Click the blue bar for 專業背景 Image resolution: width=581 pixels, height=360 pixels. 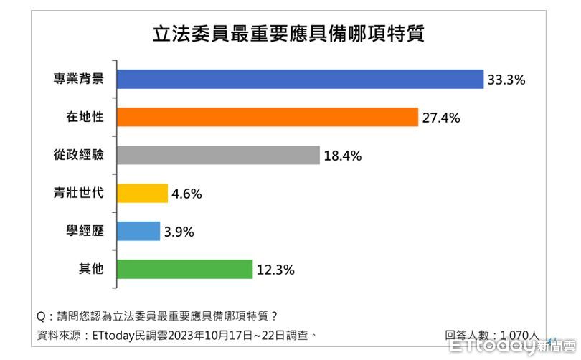[300, 80]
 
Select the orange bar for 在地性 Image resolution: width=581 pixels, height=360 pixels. [267, 118]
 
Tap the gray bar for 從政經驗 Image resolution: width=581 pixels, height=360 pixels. [217, 156]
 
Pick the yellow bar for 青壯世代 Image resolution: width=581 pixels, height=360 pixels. [141, 194]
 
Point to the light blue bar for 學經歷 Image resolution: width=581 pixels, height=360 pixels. [138, 232]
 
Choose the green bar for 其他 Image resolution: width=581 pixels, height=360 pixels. [184, 270]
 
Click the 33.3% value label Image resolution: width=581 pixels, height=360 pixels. [506, 80]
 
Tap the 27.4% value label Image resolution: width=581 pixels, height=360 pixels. [440, 118]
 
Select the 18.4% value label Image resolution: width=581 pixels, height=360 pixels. [342, 156]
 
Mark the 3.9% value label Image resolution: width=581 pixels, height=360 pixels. [179, 232]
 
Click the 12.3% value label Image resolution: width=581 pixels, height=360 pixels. [275, 270]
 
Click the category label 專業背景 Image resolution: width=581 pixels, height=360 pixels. [85, 80]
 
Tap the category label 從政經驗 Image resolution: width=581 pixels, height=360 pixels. [85, 156]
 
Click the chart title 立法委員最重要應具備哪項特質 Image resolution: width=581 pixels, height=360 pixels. [289, 34]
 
